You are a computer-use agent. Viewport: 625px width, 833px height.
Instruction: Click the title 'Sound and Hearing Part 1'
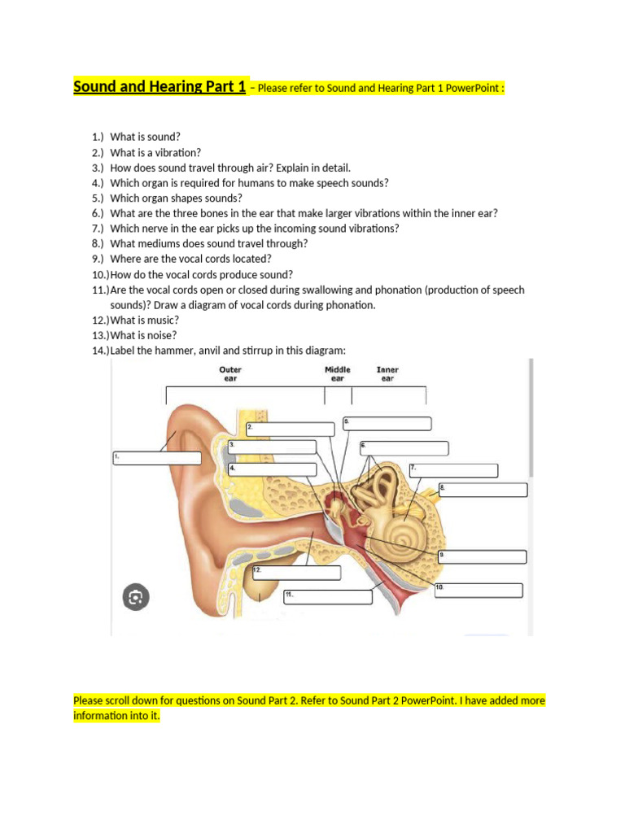click(x=160, y=86)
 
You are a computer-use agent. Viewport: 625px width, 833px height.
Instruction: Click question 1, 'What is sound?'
click(x=145, y=137)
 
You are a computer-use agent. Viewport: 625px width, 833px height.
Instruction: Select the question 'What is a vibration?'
click(x=155, y=152)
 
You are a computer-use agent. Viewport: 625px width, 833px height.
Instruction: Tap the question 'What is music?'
click(x=144, y=320)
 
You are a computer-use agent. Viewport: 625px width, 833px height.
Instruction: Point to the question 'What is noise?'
click(x=143, y=335)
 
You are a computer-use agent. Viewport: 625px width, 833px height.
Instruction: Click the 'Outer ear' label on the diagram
click(x=230, y=373)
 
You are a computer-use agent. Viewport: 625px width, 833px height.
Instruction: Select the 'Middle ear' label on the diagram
click(x=338, y=373)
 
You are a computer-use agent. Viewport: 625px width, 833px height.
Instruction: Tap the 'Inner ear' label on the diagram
click(x=387, y=373)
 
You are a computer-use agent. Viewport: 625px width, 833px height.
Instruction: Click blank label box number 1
click(x=156, y=458)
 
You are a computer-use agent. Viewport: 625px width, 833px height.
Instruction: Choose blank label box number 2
click(x=290, y=430)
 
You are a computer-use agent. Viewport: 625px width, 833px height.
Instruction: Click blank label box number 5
click(x=387, y=424)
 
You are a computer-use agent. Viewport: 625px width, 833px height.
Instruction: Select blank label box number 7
click(x=452, y=470)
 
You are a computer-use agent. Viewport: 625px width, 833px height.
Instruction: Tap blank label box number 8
click(x=483, y=490)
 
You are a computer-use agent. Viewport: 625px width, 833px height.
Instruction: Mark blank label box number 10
click(x=478, y=591)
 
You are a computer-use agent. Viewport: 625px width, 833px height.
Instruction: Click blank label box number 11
click(x=327, y=597)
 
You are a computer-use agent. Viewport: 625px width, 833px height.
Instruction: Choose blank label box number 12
click(x=296, y=573)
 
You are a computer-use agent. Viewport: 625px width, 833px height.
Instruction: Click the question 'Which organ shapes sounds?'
click(x=176, y=198)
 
